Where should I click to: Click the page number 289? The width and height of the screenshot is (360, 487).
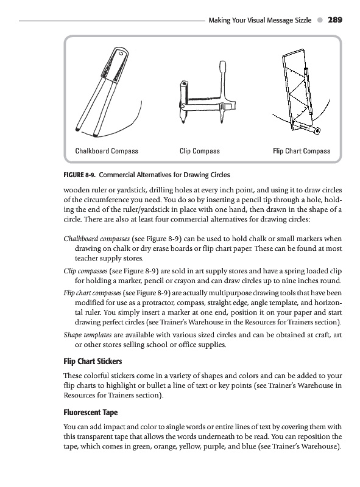[335, 20]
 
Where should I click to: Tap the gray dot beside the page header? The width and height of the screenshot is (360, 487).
[320, 20]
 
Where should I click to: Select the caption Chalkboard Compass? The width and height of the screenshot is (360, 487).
[107, 151]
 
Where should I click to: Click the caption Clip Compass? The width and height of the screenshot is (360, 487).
[200, 151]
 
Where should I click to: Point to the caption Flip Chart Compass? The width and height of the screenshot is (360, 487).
[302, 151]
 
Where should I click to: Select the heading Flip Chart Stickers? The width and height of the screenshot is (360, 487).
[93, 361]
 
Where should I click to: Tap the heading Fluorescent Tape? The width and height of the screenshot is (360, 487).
[91, 413]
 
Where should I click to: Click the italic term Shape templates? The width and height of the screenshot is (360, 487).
[88, 335]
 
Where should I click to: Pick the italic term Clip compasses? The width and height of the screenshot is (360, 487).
[85, 271]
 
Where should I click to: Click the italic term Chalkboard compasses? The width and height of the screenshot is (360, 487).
[97, 239]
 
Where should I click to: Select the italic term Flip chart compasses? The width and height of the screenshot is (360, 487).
[93, 293]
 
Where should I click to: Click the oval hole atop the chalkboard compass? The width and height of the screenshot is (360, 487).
[121, 54]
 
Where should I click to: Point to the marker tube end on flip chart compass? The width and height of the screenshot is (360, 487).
[317, 131]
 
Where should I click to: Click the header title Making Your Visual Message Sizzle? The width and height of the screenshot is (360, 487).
[260, 20]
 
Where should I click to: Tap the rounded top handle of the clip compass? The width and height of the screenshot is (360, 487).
[222, 66]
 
